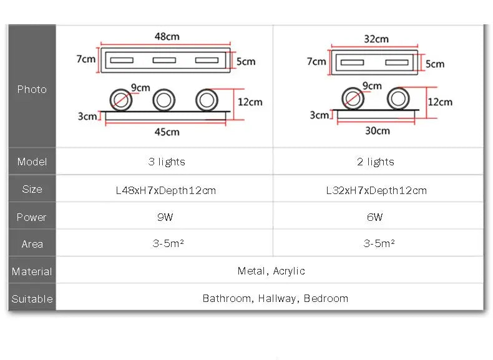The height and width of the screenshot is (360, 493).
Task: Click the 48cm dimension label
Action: pyautogui.click(x=167, y=36)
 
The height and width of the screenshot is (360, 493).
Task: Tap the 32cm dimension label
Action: pyautogui.click(x=376, y=39)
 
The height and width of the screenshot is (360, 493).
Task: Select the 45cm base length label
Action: pyautogui.click(x=167, y=132)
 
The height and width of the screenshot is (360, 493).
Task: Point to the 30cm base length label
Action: pyautogui.click(x=378, y=130)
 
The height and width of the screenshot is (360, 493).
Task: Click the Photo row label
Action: pyautogui.click(x=32, y=89)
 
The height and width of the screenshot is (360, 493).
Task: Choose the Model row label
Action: pyautogui.click(x=32, y=162)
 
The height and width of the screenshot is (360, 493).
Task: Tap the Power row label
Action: pyautogui.click(x=31, y=217)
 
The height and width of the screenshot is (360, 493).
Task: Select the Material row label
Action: pyautogui.click(x=32, y=271)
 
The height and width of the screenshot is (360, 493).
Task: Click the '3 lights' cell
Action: pyautogui.click(x=167, y=162)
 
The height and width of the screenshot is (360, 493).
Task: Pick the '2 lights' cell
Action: pyautogui.click(x=376, y=162)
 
